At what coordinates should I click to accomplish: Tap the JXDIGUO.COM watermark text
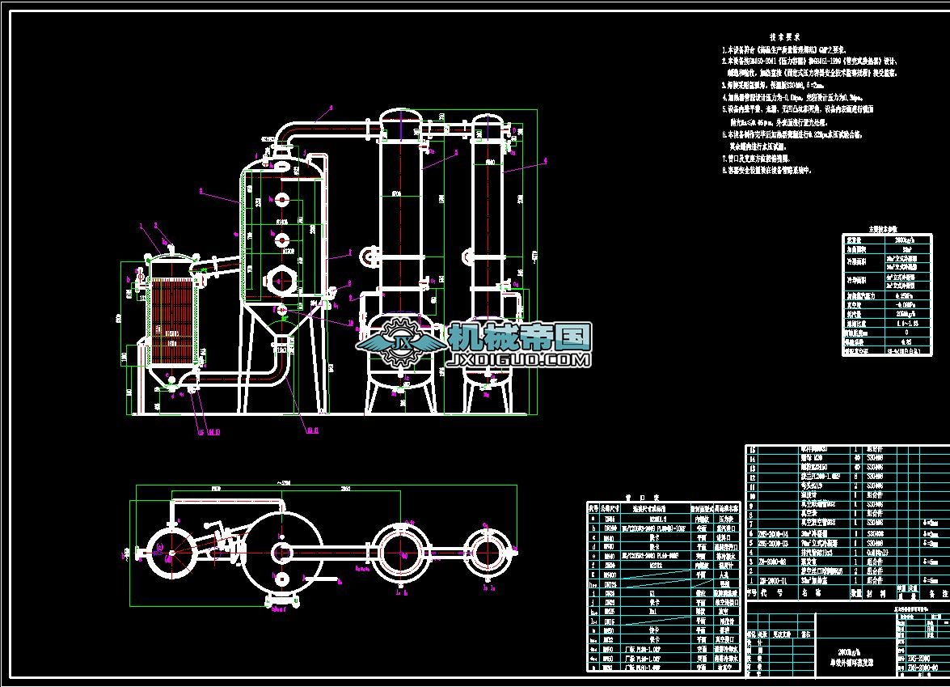click(x=518, y=359)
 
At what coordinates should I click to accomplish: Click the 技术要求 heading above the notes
click(x=784, y=37)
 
